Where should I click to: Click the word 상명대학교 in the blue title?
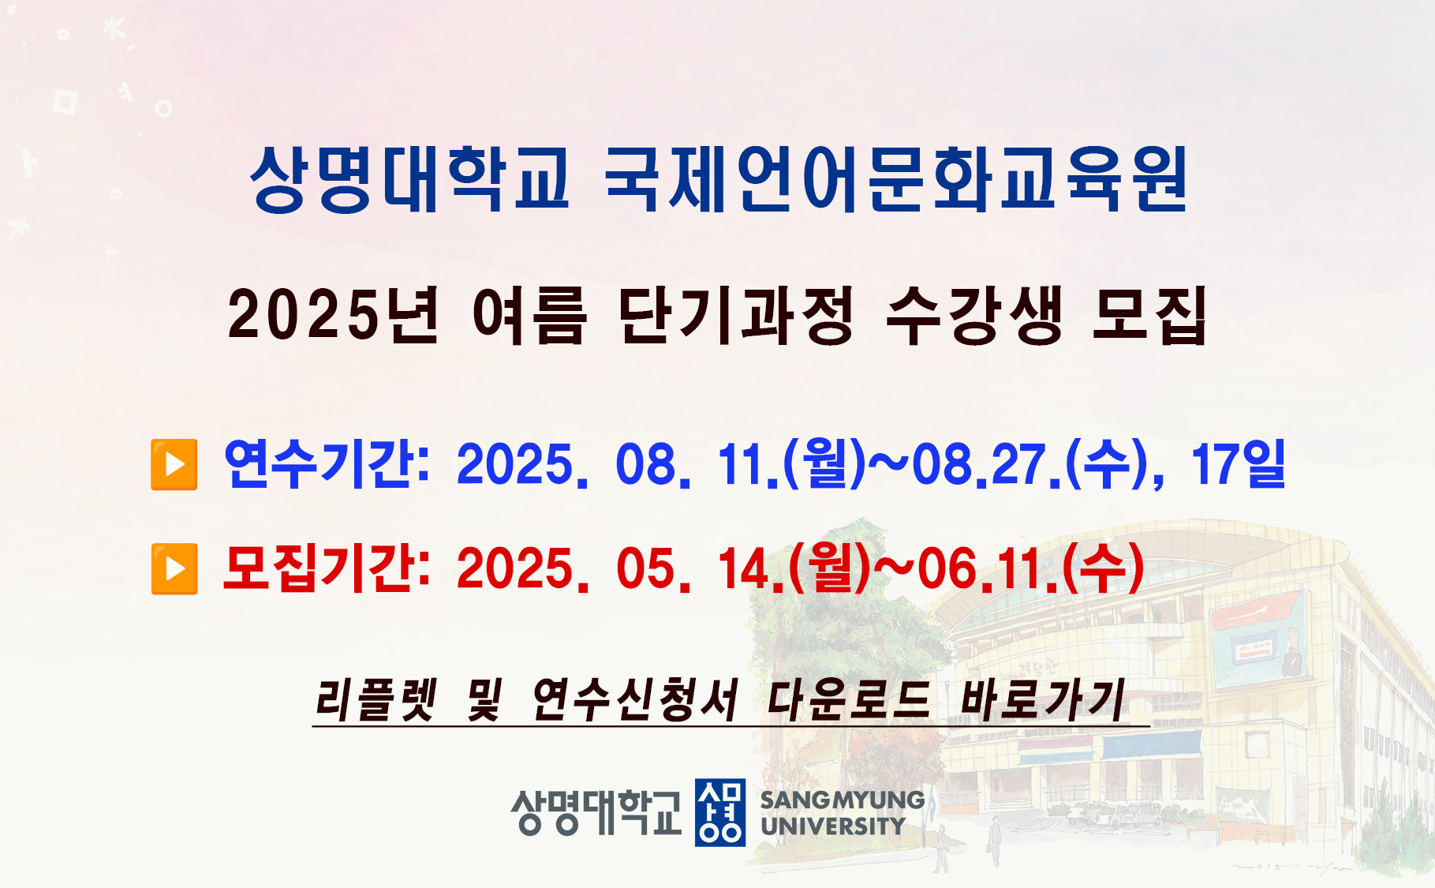coord(409,179)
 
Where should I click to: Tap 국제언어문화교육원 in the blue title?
coord(896,179)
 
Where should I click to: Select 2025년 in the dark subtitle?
coord(332,315)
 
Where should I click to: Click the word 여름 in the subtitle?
coord(529,315)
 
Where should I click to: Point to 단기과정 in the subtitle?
coord(736,315)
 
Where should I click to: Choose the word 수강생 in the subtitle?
coord(974,315)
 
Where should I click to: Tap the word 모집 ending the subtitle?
coord(1150,315)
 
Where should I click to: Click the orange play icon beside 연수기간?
coord(174,465)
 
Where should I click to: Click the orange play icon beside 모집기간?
coord(174,568)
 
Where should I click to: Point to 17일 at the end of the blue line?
coord(1239,463)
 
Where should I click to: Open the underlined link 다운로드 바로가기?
coord(947,699)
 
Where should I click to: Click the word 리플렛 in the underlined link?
coord(376,699)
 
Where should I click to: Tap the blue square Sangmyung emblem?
coord(719,812)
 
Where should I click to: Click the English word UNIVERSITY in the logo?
coord(833,826)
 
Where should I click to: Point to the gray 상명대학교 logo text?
coord(596,812)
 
